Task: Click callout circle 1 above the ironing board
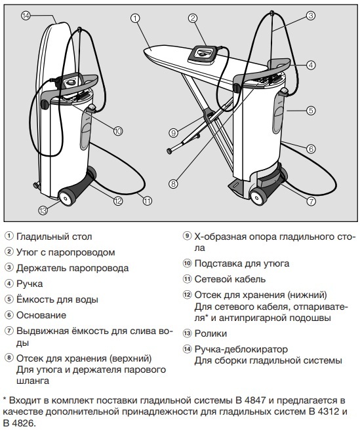coord(136,18)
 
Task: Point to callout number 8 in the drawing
coord(173,184)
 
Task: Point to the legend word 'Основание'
coord(42,314)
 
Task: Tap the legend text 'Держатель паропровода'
coord(71,268)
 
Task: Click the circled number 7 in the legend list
coord(9,331)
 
